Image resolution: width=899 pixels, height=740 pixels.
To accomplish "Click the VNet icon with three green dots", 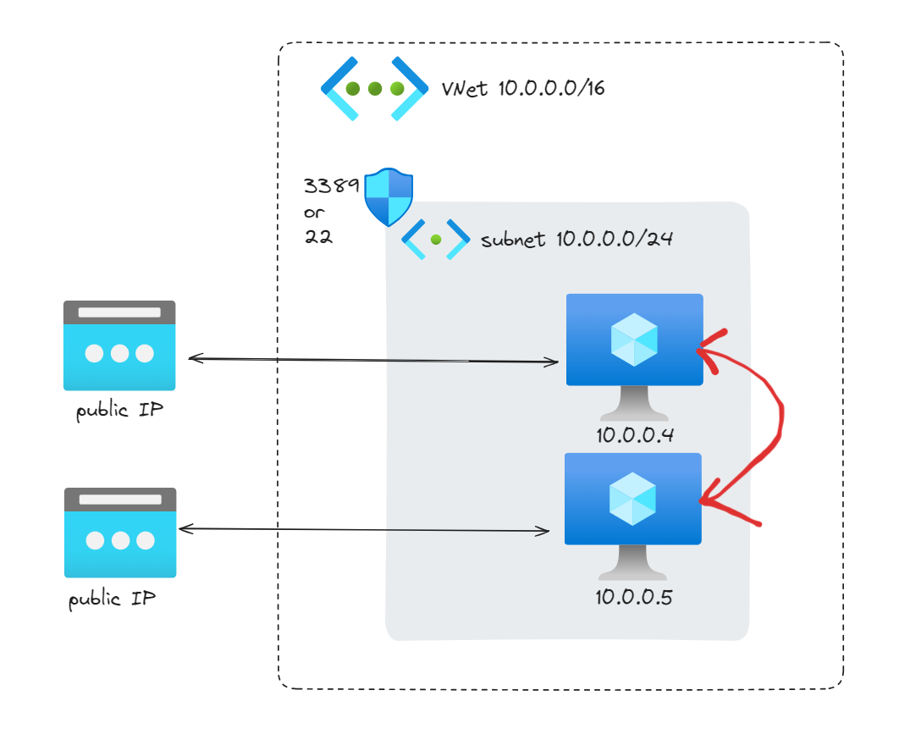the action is [374, 89].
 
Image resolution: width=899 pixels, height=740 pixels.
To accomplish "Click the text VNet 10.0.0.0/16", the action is [523, 88].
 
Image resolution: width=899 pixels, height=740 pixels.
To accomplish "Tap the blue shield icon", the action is [389, 196].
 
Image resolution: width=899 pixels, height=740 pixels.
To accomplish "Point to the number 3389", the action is [331, 185].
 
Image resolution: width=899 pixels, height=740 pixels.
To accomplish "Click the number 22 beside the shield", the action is [318, 236].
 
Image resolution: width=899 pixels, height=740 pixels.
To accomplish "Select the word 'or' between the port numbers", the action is [314, 213].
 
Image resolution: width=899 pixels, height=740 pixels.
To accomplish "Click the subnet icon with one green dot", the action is [436, 240].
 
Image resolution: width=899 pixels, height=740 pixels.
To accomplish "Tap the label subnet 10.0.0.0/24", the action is [576, 239].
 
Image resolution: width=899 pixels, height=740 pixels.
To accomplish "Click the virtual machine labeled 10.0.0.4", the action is [634, 356].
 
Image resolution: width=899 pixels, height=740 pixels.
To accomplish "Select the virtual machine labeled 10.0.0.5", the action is [633, 516].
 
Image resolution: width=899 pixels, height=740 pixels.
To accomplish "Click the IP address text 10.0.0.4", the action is [635, 435].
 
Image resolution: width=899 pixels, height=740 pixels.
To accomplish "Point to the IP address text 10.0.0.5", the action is [633, 597].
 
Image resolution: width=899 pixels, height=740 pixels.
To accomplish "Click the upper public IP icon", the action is [119, 345].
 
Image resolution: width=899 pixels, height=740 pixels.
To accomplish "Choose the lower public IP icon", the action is [120, 533].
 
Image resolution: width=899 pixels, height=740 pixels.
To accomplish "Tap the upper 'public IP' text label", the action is [120, 410].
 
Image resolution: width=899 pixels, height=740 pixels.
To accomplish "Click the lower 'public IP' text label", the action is [112, 599].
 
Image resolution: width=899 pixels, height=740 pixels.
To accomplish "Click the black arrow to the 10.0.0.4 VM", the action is [373, 360].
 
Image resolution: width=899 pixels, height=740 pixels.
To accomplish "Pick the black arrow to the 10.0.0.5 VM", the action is [364, 529].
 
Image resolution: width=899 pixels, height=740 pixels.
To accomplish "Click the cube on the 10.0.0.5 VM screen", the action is [632, 499].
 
